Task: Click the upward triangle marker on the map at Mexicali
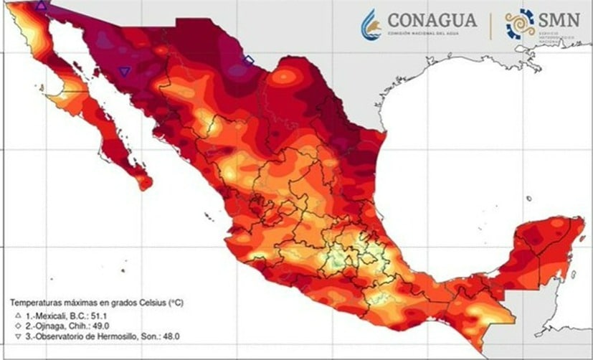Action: pyautogui.click(x=42, y=6)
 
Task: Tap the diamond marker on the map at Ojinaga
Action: pyautogui.click(x=249, y=60)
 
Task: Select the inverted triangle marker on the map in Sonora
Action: pyautogui.click(x=125, y=71)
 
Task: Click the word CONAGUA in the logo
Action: pyautogui.click(x=432, y=20)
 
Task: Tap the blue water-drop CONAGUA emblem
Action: pyautogui.click(x=371, y=24)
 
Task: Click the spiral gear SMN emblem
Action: pyautogui.click(x=521, y=24)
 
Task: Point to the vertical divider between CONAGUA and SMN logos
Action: pyautogui.click(x=490, y=24)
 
